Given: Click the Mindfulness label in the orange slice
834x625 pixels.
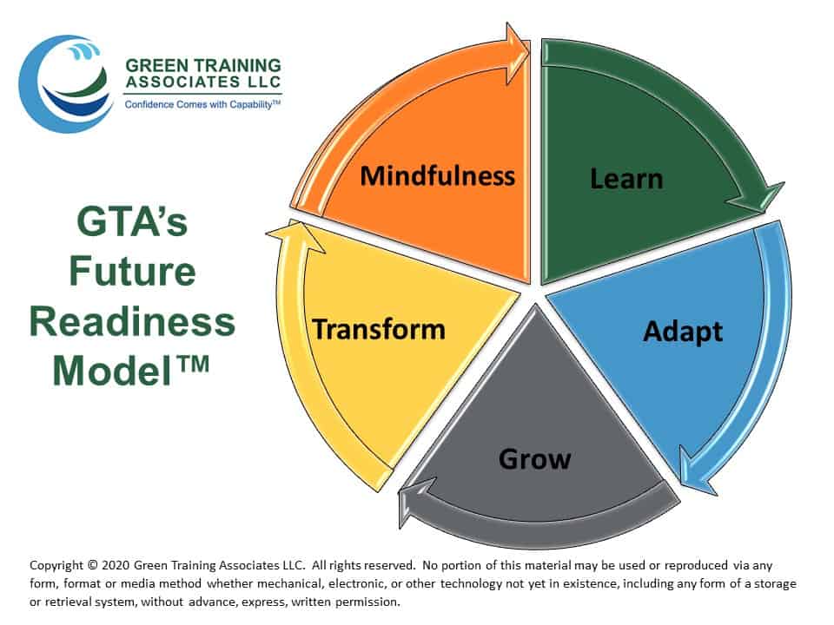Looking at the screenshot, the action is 437,176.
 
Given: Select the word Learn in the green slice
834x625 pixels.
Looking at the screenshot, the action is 626,179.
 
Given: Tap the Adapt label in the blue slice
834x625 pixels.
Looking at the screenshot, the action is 683,332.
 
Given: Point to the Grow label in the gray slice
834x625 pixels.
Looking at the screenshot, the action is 535,458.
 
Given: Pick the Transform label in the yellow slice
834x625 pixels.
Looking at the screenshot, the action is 379,329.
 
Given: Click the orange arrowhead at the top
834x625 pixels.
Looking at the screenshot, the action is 517,53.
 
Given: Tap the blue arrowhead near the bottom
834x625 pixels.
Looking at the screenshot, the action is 697,470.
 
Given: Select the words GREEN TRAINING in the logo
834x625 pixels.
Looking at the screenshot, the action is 203,65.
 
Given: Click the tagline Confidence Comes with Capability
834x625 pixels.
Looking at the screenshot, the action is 202,105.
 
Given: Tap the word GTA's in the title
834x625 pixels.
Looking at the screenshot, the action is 132,221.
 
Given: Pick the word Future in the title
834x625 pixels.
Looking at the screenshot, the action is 132,271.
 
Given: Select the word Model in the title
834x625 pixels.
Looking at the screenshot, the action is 113,371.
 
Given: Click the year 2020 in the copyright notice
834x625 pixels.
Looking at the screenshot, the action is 116,565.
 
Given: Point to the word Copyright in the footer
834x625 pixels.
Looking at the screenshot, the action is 56,565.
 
